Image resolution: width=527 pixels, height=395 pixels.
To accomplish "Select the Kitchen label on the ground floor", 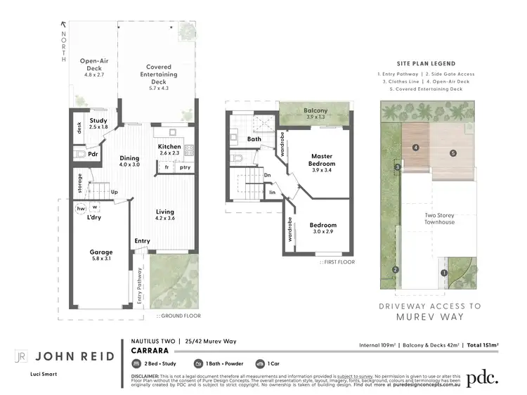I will [169, 146].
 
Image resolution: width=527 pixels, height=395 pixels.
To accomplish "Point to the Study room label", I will [98, 120].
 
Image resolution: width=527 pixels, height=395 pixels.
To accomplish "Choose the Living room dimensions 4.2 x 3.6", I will [165, 219].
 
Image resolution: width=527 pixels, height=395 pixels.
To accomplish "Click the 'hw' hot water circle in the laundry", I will [81, 208].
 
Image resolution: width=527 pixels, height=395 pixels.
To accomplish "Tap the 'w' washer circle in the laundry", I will [94, 207].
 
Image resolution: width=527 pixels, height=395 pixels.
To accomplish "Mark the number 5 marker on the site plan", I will [453, 153].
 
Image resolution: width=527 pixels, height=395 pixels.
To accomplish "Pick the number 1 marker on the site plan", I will [443, 273].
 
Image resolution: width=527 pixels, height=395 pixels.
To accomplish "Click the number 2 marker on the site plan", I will [396, 270].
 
